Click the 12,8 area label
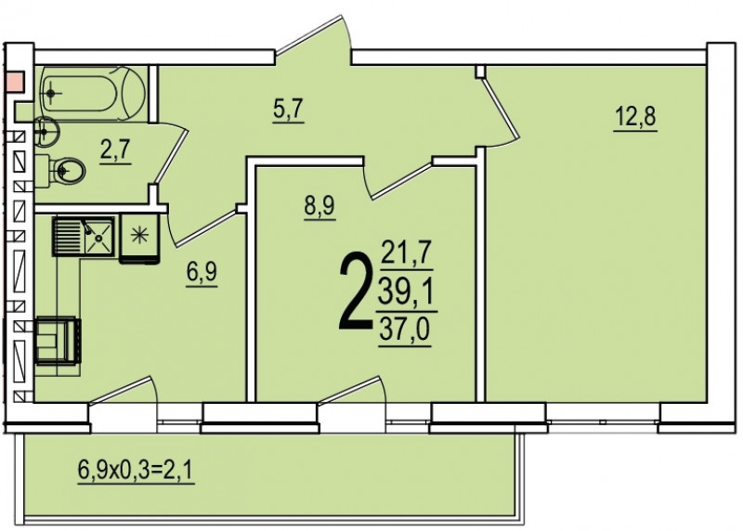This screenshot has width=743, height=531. click(635, 117)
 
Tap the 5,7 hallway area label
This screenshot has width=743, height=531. click(288, 110)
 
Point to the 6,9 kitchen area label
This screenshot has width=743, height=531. click(202, 274)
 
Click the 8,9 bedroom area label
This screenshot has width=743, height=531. click(319, 207)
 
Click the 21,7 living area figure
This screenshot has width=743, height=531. click(407, 253)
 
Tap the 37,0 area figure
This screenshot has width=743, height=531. click(405, 330)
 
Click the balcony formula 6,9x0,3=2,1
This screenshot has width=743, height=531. click(137, 471)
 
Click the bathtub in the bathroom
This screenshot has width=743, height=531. click(93, 94)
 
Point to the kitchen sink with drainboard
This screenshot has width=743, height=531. click(84, 236)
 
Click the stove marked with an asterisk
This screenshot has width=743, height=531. click(139, 239)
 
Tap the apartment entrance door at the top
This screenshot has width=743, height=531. click(314, 35)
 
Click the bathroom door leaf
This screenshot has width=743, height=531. click(171, 154)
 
